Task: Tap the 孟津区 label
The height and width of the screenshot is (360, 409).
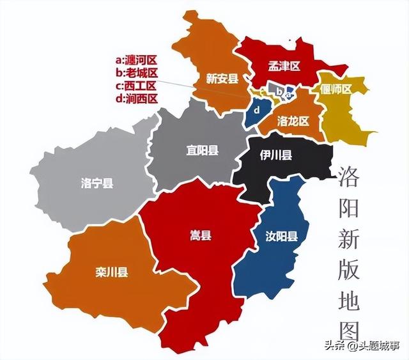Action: (x=282, y=67)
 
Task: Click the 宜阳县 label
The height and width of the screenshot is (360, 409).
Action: (x=202, y=151)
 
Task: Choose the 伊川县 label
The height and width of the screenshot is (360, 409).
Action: (x=276, y=155)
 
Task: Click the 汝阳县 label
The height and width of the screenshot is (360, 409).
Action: (x=281, y=237)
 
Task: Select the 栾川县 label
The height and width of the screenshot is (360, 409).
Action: (x=112, y=273)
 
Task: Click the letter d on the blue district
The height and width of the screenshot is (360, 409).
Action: (x=257, y=110)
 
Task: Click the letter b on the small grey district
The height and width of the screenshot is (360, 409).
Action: (x=279, y=91)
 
